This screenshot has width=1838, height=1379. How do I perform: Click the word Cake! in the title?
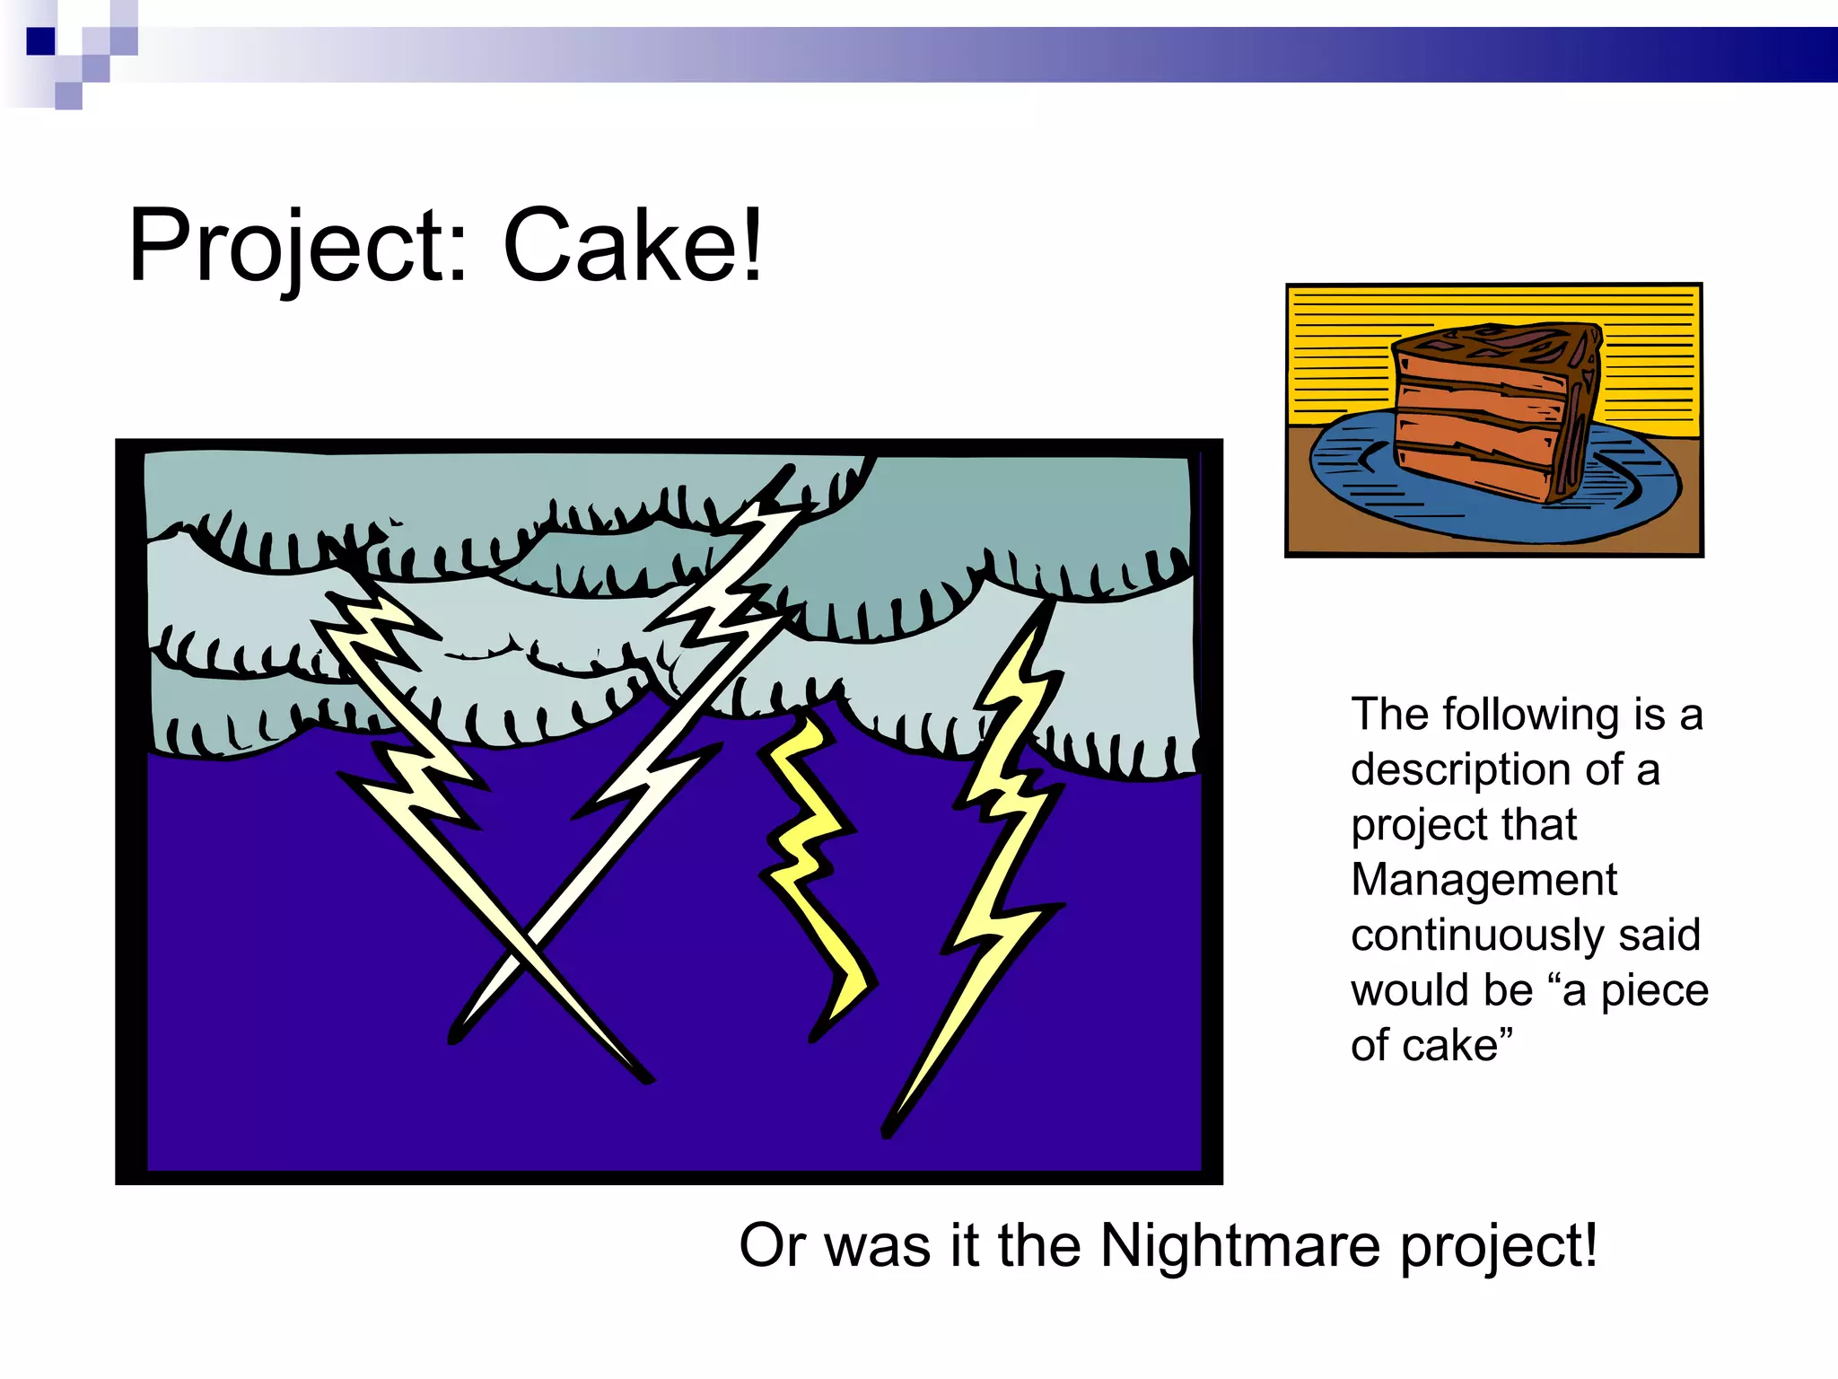tap(633, 245)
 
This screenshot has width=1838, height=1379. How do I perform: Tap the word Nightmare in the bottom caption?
tap(1240, 1246)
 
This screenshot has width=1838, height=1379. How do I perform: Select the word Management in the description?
tap(1484, 880)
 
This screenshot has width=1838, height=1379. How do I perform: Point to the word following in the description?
tap(1531, 715)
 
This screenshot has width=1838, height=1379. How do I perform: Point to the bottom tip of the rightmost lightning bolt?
tap(887, 1133)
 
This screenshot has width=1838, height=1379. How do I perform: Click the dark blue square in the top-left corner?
tap(40, 41)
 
